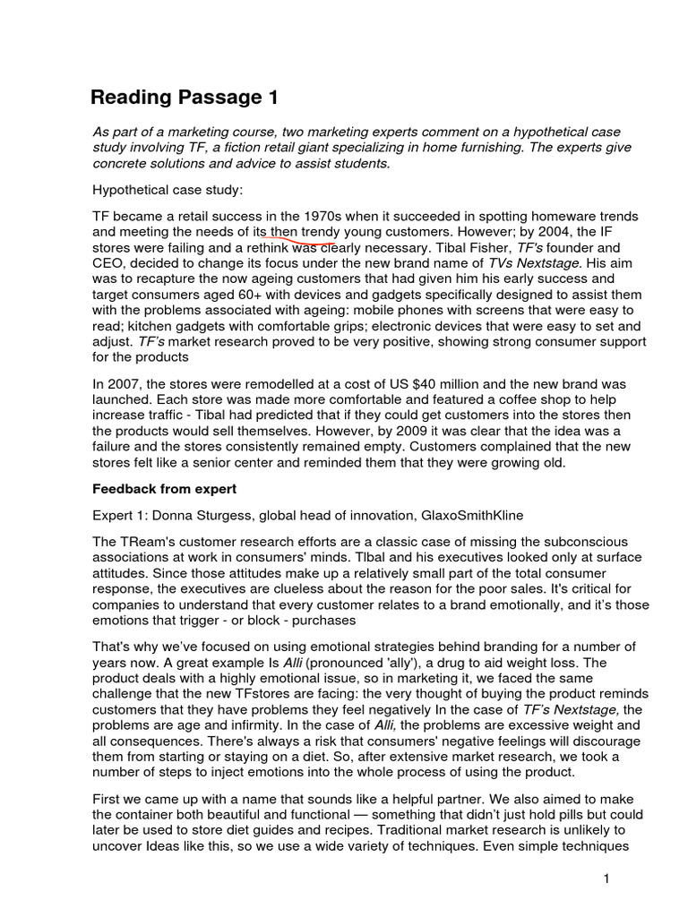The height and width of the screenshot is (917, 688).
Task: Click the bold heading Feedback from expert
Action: (164, 489)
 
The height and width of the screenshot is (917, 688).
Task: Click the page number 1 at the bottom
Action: (606, 878)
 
